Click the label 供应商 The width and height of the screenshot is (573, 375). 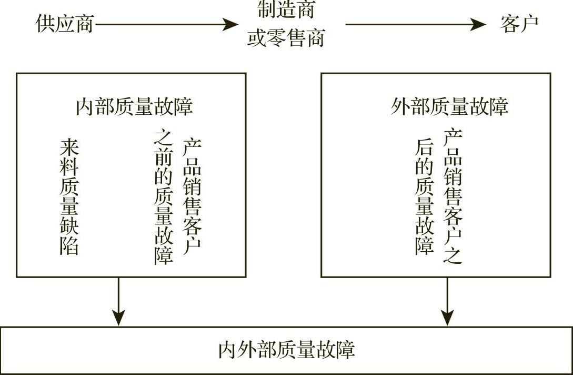(64, 24)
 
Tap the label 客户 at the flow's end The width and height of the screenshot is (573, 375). (519, 24)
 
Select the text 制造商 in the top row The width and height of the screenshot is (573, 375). (286, 9)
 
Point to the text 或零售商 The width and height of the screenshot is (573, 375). (286, 38)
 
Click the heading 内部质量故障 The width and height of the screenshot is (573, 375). (134, 106)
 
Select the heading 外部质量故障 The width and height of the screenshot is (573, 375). (449, 106)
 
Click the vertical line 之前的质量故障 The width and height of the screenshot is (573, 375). (163, 197)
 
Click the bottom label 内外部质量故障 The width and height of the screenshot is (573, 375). (286, 350)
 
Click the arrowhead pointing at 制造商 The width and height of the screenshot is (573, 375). (230, 24)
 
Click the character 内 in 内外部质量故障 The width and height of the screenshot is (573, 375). (227, 350)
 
